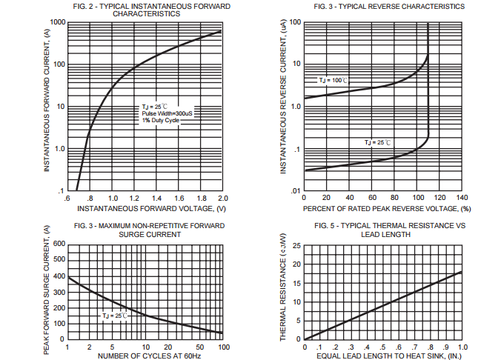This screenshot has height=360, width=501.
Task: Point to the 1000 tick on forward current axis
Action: (x=54, y=22)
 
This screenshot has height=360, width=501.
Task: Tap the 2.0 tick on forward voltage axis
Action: (x=222, y=199)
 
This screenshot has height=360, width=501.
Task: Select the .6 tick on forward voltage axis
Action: (x=67, y=199)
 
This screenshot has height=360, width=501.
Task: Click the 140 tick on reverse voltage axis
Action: (x=462, y=199)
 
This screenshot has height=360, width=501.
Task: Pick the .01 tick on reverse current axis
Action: (x=296, y=192)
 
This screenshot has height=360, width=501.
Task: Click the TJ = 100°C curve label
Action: (x=333, y=80)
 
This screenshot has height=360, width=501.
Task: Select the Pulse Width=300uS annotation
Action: (x=167, y=113)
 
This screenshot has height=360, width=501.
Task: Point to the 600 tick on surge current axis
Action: (x=57, y=244)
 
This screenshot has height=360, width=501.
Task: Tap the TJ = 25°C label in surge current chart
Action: (x=115, y=316)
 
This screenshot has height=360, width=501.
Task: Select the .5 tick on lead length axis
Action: (x=383, y=347)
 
